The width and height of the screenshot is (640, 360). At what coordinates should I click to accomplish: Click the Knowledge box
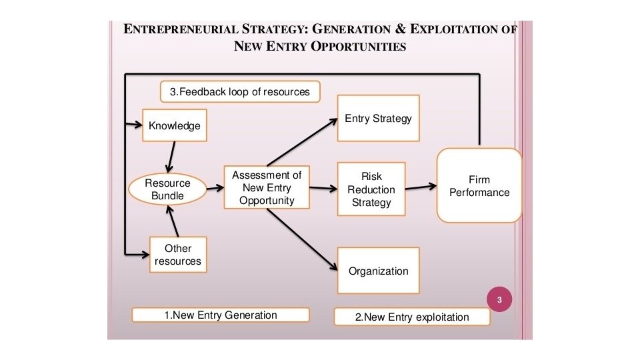(174, 125)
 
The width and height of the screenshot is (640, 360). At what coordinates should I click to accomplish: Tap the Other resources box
(178, 255)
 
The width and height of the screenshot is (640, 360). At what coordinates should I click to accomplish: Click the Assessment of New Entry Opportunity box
(267, 187)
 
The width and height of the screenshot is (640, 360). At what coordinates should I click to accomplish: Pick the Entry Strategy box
(378, 119)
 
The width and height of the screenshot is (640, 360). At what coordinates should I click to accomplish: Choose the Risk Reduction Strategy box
(371, 189)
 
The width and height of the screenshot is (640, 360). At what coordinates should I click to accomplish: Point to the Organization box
(378, 271)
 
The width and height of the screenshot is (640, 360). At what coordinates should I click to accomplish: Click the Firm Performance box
(479, 185)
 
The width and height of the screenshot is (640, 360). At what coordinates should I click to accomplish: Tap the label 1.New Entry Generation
(221, 315)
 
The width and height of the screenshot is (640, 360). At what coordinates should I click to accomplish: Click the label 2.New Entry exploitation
(411, 317)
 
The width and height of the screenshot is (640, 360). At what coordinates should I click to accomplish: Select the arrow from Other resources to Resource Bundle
(175, 221)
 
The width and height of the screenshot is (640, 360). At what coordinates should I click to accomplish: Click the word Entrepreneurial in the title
(175, 30)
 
